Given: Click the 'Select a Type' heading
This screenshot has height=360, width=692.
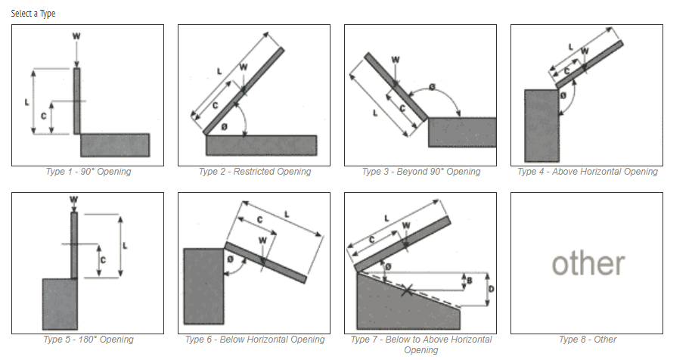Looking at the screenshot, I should (x=33, y=14).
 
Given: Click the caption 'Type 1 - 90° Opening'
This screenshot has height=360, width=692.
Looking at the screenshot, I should (x=88, y=172).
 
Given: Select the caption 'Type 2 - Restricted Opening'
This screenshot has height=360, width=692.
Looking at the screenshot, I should (x=254, y=172).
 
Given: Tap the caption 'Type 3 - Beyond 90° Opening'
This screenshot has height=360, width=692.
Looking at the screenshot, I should (x=420, y=172).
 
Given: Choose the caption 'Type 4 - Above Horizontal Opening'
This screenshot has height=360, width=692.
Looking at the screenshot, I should (x=587, y=172).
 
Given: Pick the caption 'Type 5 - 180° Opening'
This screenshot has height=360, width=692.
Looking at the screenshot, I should (x=88, y=340).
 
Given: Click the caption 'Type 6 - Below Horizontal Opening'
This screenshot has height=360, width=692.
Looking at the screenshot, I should (x=254, y=340).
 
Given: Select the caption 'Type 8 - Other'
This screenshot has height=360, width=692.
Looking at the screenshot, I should (x=587, y=340).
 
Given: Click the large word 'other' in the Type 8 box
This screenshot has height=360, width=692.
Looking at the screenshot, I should (x=588, y=263).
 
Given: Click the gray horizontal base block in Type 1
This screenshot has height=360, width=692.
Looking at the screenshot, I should (x=114, y=144).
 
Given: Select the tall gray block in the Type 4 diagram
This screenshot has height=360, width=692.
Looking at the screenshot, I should (x=541, y=126).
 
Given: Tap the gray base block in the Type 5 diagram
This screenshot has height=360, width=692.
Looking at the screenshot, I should (x=60, y=304).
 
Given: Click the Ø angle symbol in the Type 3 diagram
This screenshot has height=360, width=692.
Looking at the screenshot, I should (x=432, y=88).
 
